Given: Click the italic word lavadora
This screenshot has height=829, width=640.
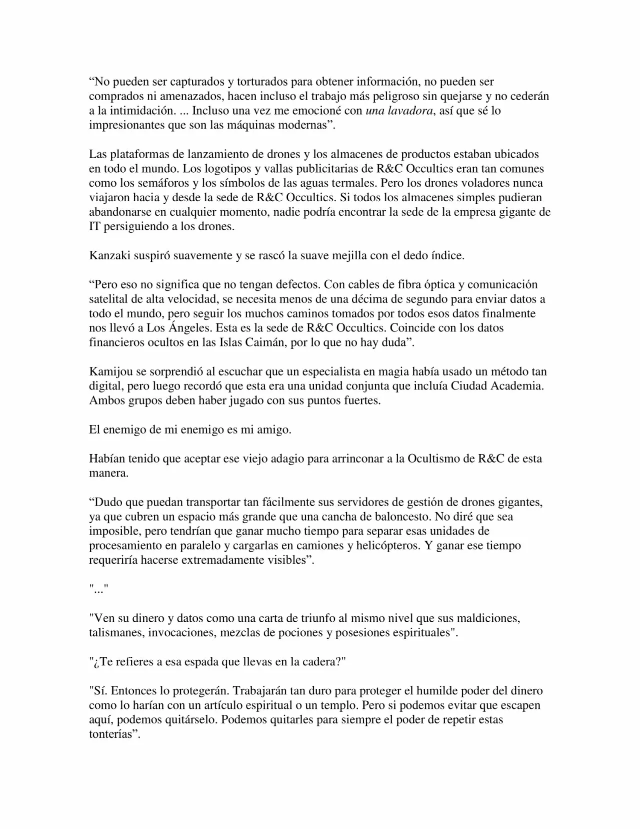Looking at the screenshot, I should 412,111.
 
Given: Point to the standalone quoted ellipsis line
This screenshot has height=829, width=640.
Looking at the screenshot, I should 98,589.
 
